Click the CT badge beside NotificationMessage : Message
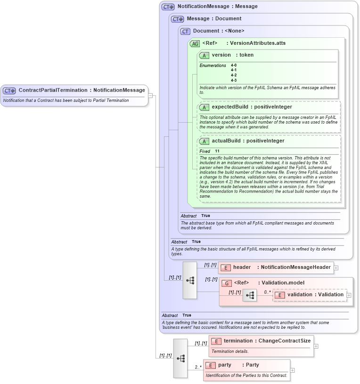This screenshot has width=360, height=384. pos(168,7)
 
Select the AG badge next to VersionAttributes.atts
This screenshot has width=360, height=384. pos(195,43)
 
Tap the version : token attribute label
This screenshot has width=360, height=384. pos(232,55)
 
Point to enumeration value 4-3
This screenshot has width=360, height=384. pos(234,80)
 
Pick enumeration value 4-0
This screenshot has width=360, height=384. pos(234,65)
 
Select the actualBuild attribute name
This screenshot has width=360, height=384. pos(226,141)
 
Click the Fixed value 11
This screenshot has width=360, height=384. pos(217,151)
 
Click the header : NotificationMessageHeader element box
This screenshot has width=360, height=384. pos(276,267)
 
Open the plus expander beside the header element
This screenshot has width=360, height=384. pos(336,267)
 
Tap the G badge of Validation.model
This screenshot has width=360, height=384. pos(226,283)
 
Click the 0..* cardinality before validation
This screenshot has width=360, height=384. pos(267,292)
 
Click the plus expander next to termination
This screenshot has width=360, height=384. pos(316,346)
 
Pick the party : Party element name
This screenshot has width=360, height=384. pos(238,365)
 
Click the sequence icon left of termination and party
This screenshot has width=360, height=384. pos(180,358)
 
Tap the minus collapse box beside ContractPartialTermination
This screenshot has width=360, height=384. pos(150,95)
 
